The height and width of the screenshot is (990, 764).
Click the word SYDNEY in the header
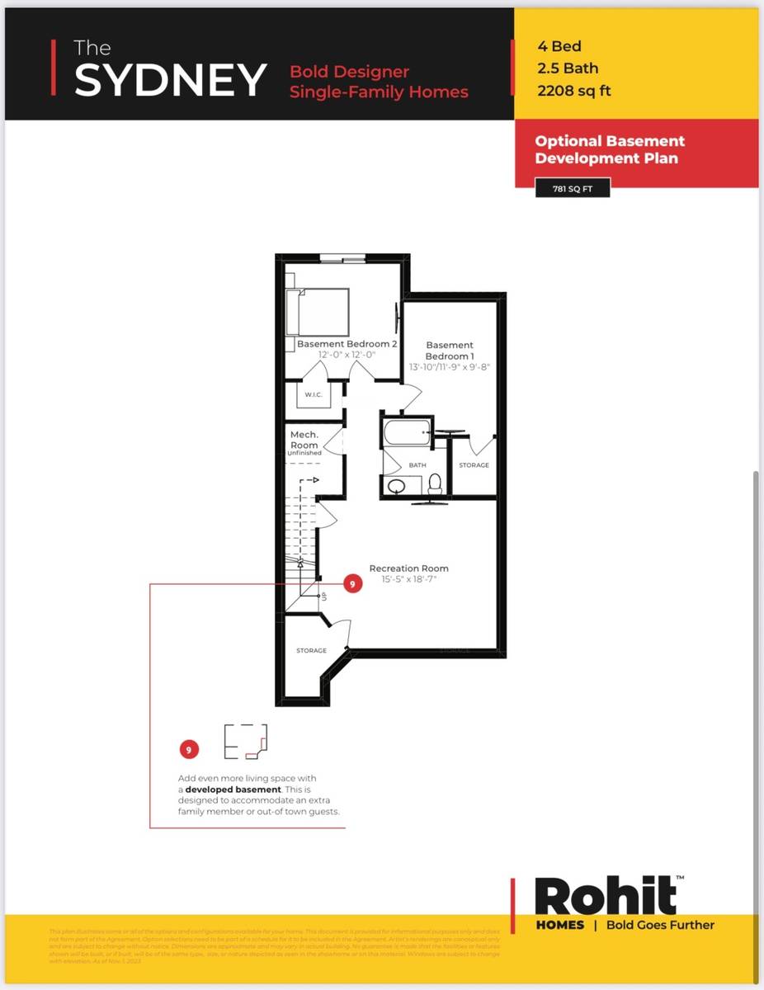tap(170, 79)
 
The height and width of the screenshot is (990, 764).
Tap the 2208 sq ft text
tap(573, 92)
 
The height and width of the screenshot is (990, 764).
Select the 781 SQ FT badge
tap(573, 189)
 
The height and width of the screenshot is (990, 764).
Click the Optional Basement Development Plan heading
tap(610, 149)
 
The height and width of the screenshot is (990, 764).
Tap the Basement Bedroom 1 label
tap(450, 350)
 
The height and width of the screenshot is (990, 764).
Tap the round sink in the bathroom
tap(396, 487)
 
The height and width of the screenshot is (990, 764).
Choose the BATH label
tap(417, 465)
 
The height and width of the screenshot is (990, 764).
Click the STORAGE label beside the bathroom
tap(474, 465)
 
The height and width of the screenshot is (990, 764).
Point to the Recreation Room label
tap(408, 568)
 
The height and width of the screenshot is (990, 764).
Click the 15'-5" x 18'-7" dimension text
tap(408, 579)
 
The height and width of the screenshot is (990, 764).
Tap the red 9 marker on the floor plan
tap(352, 584)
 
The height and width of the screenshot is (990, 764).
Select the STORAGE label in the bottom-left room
tap(311, 651)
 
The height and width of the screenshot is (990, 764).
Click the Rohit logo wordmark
tap(606, 896)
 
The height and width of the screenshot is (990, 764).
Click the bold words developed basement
tap(233, 790)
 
